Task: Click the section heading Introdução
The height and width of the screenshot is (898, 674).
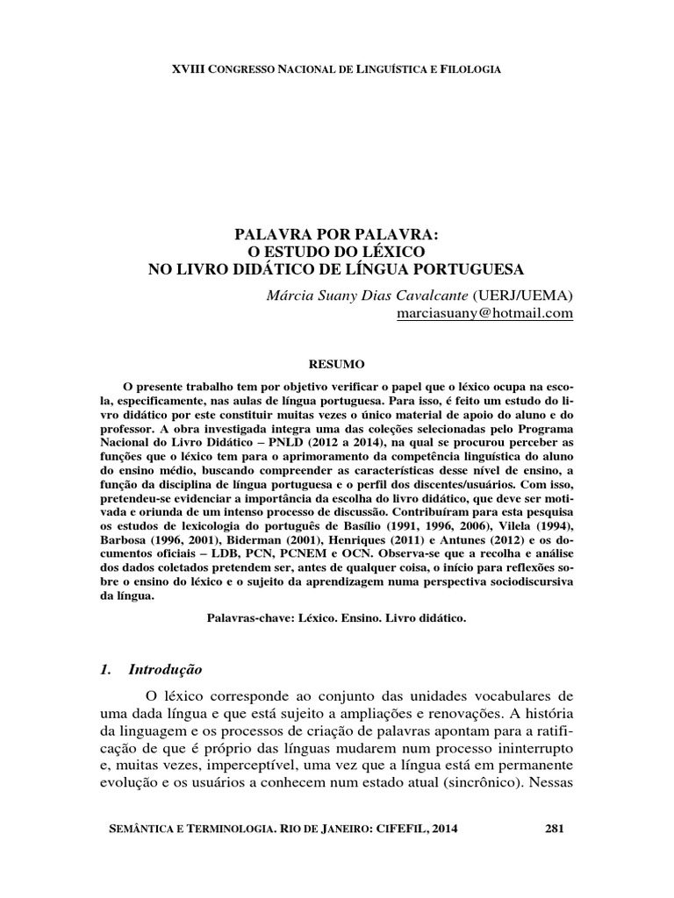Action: coord(166,669)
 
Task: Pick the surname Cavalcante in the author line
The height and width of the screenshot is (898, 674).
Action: coord(429,294)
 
